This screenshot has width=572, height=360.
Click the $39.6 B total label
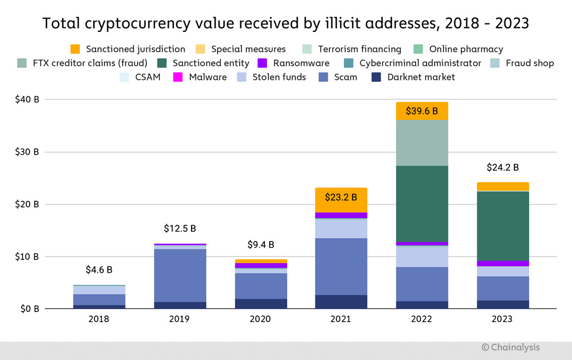[421, 111]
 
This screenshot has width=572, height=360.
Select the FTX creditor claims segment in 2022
[421, 143]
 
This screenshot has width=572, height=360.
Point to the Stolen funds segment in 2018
[99, 290]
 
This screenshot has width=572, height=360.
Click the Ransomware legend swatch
[262, 63]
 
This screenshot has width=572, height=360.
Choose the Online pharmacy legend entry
[466, 49]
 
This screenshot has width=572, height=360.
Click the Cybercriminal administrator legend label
[420, 63]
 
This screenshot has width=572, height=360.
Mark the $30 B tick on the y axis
[27, 152]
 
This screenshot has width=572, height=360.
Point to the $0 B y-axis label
[27, 309]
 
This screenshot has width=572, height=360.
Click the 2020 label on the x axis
[260, 319]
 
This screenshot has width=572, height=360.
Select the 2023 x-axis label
[502, 319]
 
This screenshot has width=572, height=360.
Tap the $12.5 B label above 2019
[179, 229]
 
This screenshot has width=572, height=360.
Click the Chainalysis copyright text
[511, 347]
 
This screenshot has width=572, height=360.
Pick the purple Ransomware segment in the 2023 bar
[502, 263]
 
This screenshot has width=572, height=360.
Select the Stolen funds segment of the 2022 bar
[421, 256]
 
